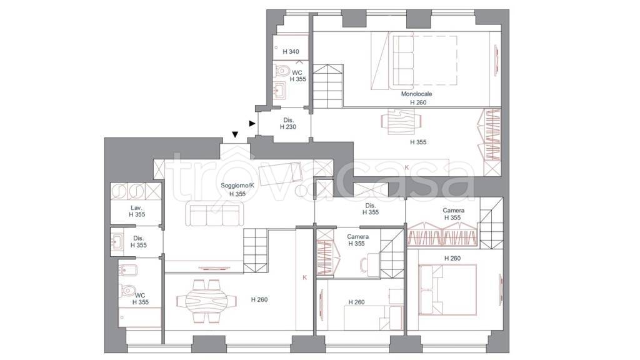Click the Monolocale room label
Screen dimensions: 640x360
[416, 94]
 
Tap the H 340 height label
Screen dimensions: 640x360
[291, 52]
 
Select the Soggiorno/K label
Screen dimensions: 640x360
[237, 185]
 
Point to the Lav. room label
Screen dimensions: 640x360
[136, 207]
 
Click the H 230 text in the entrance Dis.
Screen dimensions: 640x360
[288, 127]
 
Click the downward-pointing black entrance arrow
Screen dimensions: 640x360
[235, 135]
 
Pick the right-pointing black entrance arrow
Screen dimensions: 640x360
[252, 123]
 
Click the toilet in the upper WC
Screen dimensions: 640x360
[282, 71]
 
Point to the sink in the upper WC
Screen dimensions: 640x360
[281, 91]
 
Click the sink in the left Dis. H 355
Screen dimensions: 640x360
[117, 242]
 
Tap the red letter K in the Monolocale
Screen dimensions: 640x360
[407, 167]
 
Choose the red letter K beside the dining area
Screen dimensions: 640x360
[304, 277]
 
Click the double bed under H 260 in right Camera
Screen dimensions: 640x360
[447, 290]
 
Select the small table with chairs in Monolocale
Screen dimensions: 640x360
[401, 121]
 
